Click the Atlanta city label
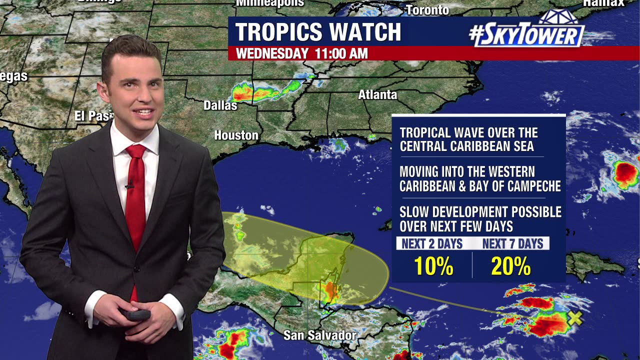(x=377, y=94)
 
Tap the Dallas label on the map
(x=220, y=105)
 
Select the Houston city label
(x=236, y=135)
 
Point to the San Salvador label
(x=319, y=335)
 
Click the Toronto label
(x=427, y=10)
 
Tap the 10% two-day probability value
(x=433, y=266)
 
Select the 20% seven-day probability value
(x=510, y=266)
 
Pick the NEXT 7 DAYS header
(x=512, y=244)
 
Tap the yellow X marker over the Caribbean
(x=575, y=317)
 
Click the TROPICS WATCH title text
(x=318, y=32)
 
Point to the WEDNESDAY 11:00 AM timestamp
(x=301, y=53)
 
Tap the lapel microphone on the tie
(x=129, y=186)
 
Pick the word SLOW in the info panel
(x=414, y=212)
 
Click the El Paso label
(x=92, y=116)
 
